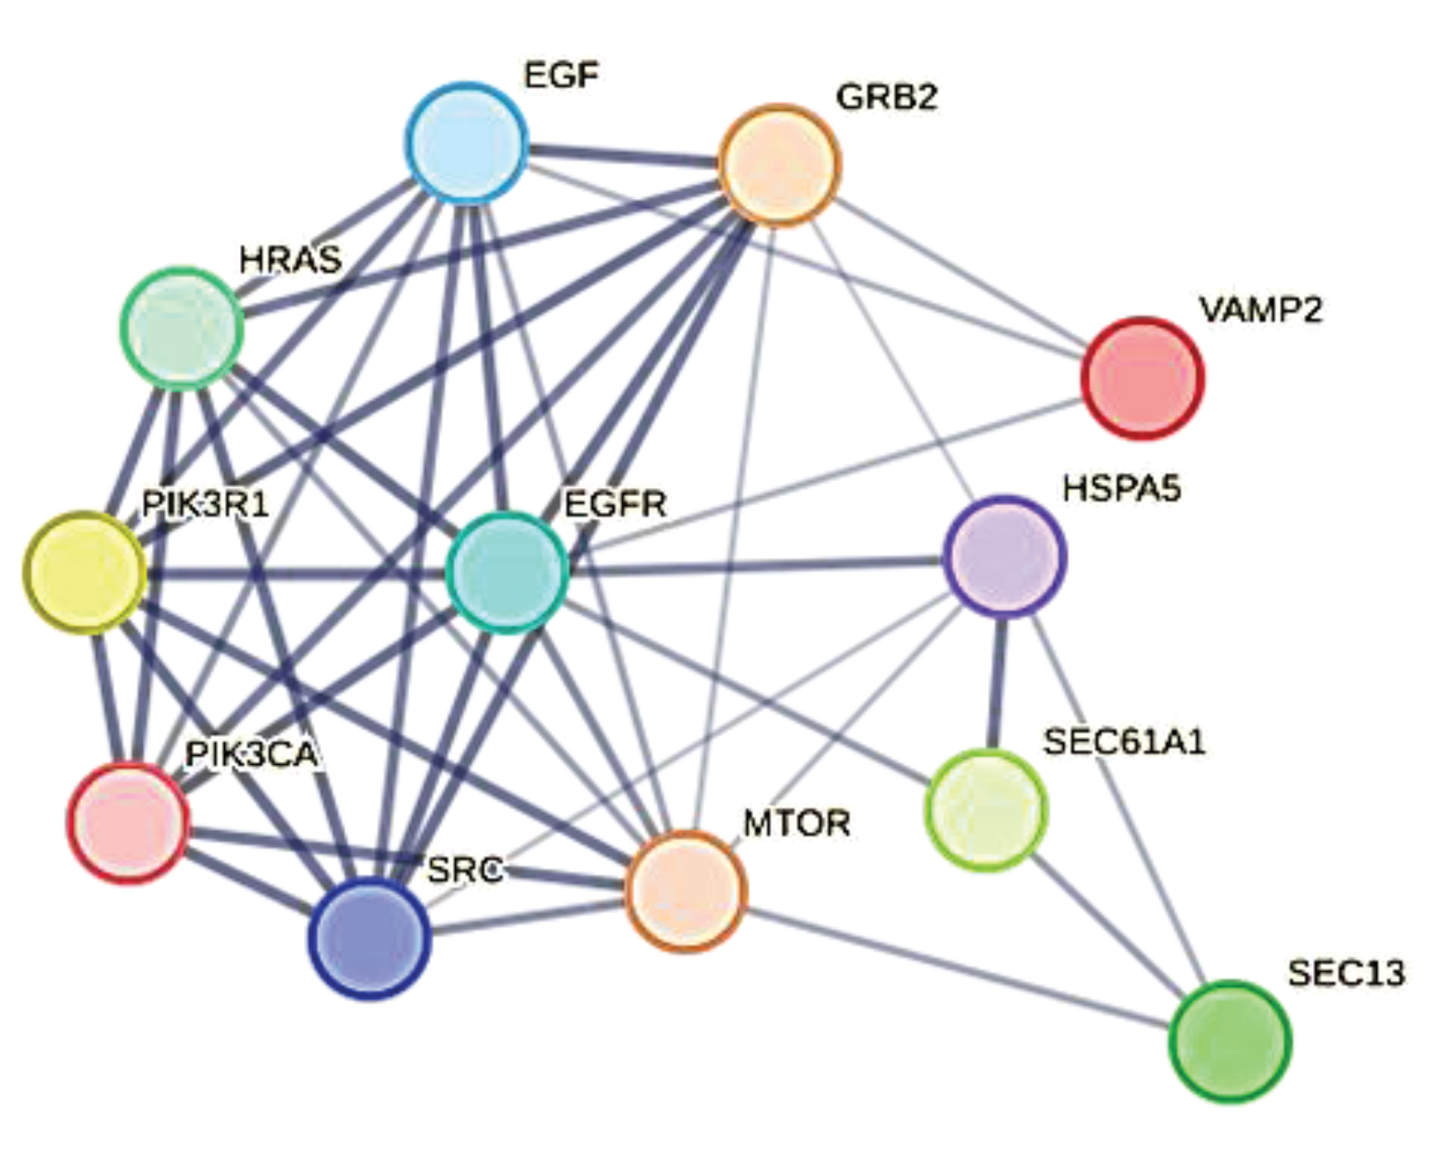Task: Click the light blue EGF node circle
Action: click(x=467, y=142)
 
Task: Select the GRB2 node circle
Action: click(x=779, y=164)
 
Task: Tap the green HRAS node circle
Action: click(x=182, y=328)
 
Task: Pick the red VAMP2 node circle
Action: click(x=1142, y=378)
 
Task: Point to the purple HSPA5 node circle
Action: click(x=1005, y=556)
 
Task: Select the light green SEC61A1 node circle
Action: click(x=986, y=809)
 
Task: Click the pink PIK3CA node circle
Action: click(x=129, y=822)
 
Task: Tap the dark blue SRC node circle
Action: click(x=369, y=937)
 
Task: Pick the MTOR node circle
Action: click(x=685, y=890)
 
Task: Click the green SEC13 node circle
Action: click(x=1230, y=1041)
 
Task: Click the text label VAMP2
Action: click(x=1260, y=310)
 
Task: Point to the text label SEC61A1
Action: click(x=1125, y=742)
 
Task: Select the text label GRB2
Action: click(x=887, y=96)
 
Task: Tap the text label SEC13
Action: click(x=1346, y=972)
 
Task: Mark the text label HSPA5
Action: click(x=1122, y=488)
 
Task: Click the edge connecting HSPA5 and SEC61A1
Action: click(x=996, y=683)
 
